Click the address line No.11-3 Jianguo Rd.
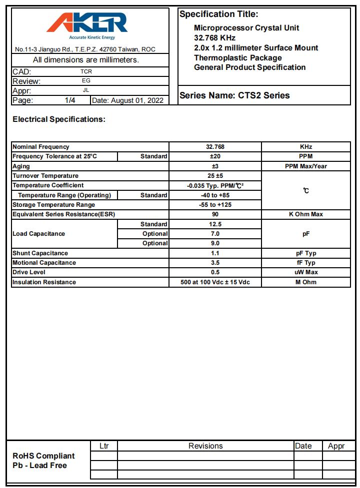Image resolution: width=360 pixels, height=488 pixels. pyautogui.click(x=85, y=49)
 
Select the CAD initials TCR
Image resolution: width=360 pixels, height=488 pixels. pyautogui.click(x=86, y=71)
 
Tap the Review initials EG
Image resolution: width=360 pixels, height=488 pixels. pyautogui.click(x=86, y=81)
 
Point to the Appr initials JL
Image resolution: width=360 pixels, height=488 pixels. pyautogui.click(x=86, y=90)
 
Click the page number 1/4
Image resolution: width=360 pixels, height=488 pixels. pyautogui.click(x=70, y=100)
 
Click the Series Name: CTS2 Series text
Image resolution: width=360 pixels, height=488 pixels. pyautogui.click(x=234, y=95)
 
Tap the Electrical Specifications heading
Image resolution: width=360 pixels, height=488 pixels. pyautogui.click(x=59, y=119)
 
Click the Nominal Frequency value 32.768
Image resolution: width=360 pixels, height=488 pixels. pyautogui.click(x=215, y=147)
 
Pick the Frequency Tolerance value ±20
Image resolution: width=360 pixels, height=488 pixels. pyautogui.click(x=215, y=156)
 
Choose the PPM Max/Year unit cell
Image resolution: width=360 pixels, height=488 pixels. pyautogui.click(x=305, y=166)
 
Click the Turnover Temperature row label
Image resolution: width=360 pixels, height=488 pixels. pyautogui.click(x=45, y=176)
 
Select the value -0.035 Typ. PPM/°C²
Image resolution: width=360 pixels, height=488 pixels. pyautogui.click(x=215, y=185)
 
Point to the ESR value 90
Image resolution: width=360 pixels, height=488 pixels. pyautogui.click(x=215, y=214)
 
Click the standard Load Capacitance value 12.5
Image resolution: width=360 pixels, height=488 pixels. pyautogui.click(x=215, y=224)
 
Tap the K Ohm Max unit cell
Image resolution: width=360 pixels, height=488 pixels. pyautogui.click(x=305, y=214)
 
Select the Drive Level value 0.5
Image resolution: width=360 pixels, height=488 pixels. pyautogui.click(x=215, y=272)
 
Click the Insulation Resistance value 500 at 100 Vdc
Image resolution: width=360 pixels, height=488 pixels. pyautogui.click(x=215, y=282)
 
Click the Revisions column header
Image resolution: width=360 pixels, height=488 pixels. pyautogui.click(x=205, y=446)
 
